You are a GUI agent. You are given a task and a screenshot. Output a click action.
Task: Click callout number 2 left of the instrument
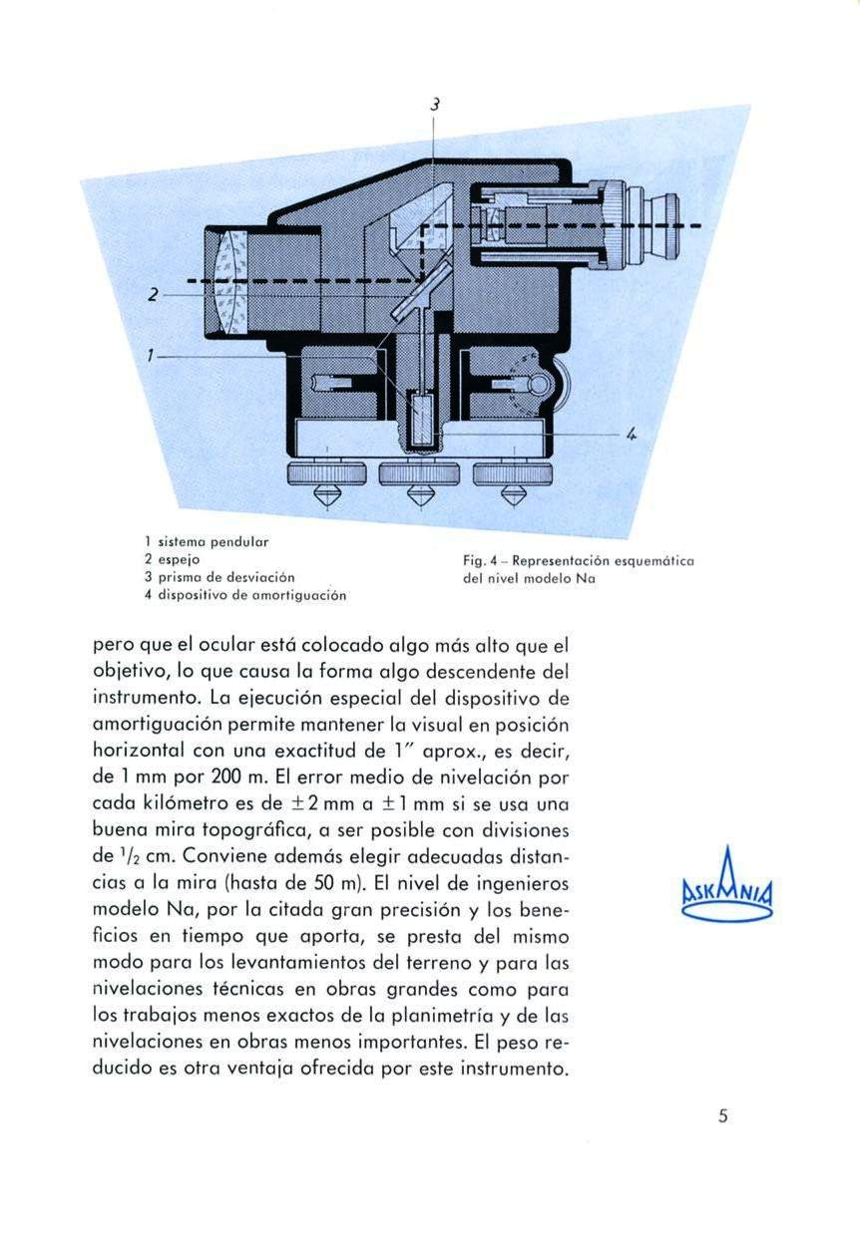pos(153,295)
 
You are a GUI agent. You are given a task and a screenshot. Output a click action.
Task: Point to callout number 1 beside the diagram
pos(150,353)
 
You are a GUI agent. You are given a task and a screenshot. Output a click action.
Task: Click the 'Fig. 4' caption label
pos(475,562)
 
